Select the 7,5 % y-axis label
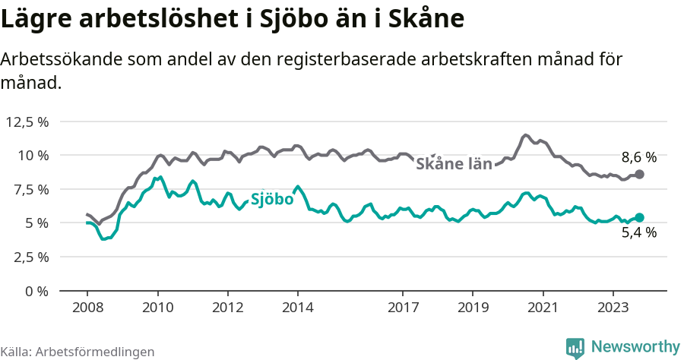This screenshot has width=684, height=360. tap(30, 189)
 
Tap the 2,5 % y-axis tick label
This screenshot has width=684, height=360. tap(30, 257)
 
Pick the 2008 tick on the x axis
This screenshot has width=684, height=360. tap(87, 308)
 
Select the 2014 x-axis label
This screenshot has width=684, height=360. tap(297, 308)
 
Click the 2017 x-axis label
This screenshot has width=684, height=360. tap(403, 308)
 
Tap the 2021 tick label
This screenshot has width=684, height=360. tap(543, 308)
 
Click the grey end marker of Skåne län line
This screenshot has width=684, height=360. tap(639, 175)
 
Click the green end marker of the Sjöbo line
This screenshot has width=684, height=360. tap(639, 218)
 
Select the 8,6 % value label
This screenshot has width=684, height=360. tap(638, 157)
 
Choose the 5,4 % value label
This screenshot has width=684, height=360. tap(638, 233)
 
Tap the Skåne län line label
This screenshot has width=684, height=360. tap(454, 163)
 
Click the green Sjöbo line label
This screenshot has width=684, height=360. tap(271, 200)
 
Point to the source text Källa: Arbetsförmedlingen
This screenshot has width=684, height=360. tap(78, 352)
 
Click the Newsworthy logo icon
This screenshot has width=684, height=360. tap(575, 348)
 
